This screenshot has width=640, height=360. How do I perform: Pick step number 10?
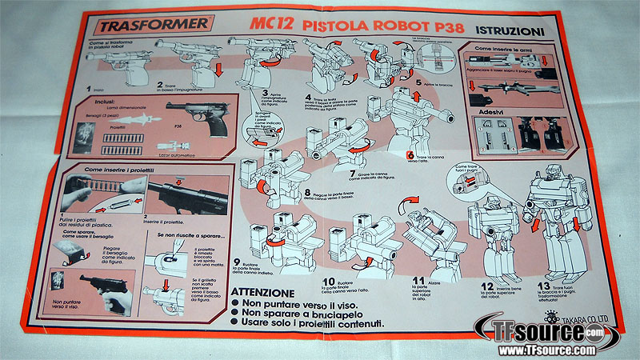click(329, 282)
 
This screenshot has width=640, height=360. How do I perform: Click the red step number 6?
click(409, 156)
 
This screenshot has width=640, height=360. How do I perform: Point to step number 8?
click(307, 193)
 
